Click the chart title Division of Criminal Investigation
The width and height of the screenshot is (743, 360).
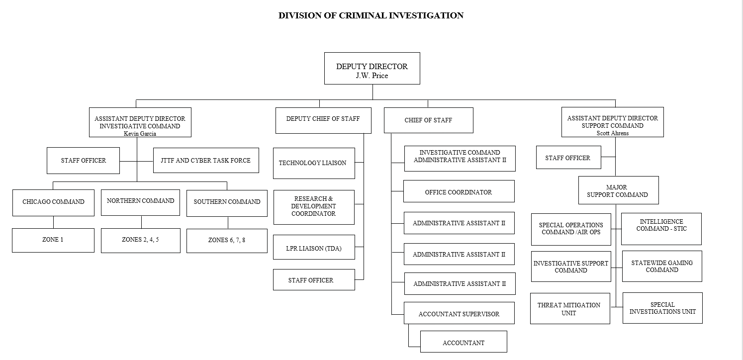(371, 15)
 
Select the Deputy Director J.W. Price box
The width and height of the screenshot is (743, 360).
(372, 69)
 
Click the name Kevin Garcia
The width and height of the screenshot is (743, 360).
(140, 133)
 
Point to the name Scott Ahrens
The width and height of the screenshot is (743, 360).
(612, 133)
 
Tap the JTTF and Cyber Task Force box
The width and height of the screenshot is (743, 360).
(206, 161)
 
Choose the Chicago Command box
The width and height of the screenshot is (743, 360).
(53, 202)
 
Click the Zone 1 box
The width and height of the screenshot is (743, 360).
(53, 240)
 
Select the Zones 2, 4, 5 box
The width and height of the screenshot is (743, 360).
(140, 240)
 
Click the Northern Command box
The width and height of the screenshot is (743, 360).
(140, 201)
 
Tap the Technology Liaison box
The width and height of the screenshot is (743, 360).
(314, 163)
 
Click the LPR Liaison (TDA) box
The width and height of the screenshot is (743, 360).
(314, 248)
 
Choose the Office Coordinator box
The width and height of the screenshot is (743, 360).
(459, 191)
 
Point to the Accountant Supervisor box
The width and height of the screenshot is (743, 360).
(459, 313)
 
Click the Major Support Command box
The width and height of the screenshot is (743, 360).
(618, 190)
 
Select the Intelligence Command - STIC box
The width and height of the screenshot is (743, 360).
(661, 229)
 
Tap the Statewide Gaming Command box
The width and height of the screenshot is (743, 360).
(662, 267)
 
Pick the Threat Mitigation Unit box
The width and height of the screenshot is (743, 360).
(569, 309)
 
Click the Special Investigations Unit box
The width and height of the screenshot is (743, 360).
(662, 308)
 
